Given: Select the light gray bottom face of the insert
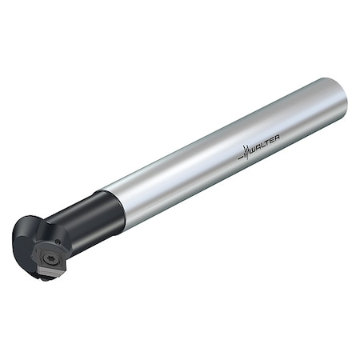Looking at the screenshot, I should [x=45, y=273].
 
